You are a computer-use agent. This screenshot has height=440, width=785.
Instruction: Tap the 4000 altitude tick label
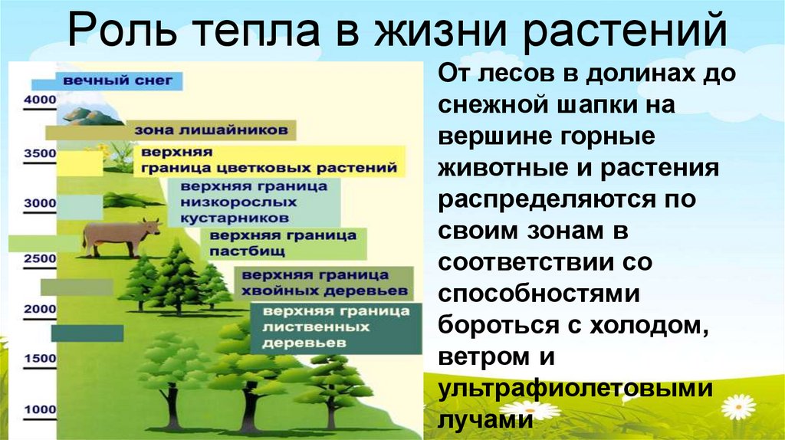click(x=41, y=100)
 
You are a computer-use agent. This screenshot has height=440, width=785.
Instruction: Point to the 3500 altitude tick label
click(x=41, y=153)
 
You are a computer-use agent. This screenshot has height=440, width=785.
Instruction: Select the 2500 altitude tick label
click(x=41, y=259)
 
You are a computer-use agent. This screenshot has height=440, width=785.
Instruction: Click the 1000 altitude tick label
click(x=41, y=410)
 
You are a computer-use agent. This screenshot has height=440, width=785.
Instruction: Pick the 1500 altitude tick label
click(x=41, y=359)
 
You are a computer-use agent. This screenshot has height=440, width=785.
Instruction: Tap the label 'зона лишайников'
click(x=211, y=130)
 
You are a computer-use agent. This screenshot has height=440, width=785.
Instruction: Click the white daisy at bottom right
click(x=738, y=406)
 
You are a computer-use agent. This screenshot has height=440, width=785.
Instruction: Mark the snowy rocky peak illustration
click(x=91, y=115)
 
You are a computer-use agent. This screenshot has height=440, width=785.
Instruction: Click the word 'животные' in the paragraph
click(x=511, y=168)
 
